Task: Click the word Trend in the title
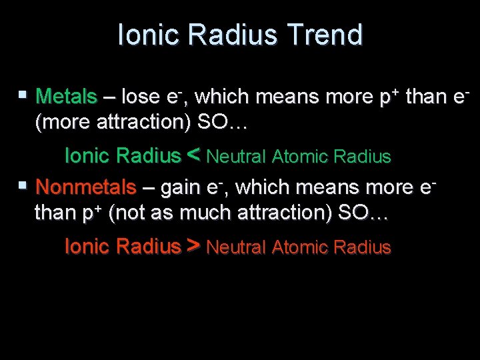[331, 35]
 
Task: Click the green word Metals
[66, 97]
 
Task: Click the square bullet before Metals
[23, 95]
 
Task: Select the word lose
[141, 97]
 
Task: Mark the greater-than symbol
[194, 247]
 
